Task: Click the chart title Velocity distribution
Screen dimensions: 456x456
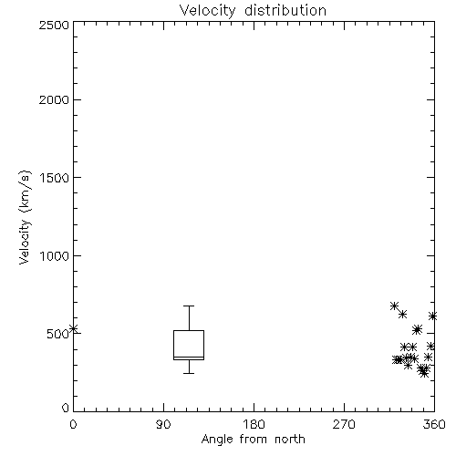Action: (x=253, y=10)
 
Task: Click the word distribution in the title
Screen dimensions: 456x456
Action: (x=285, y=10)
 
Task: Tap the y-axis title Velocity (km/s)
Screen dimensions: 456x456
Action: (x=25, y=217)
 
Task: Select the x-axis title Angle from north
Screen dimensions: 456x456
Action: (x=253, y=439)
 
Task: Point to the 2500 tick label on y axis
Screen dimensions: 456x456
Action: (x=54, y=25)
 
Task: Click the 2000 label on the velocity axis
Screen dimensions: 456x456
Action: (x=54, y=99)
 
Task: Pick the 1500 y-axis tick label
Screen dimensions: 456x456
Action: (x=55, y=178)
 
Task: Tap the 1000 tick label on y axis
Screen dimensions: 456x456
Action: (x=55, y=256)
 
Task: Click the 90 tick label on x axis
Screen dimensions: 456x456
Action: (x=163, y=424)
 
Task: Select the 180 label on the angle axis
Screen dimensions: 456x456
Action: (x=254, y=424)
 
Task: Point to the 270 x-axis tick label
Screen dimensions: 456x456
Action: (x=344, y=424)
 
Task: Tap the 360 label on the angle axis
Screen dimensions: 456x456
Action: (x=434, y=424)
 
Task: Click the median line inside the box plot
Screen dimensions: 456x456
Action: (x=189, y=357)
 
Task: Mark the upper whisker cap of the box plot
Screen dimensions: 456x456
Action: (x=189, y=306)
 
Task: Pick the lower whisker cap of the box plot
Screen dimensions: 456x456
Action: (x=189, y=373)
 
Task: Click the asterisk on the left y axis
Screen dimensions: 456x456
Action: (x=73, y=328)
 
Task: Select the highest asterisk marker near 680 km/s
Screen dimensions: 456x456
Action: (x=394, y=306)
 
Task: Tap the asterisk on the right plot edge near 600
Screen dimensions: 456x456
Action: (x=432, y=316)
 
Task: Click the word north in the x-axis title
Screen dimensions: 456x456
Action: (x=290, y=439)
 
